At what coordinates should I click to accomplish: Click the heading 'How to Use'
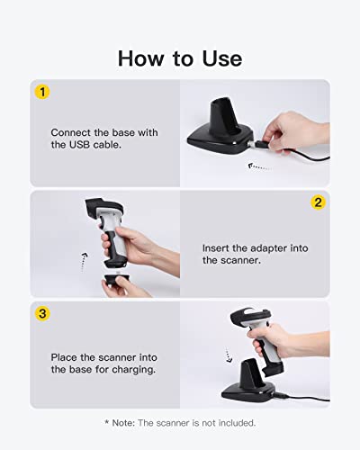[x=180, y=58]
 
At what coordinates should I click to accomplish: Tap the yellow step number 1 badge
[x=40, y=91]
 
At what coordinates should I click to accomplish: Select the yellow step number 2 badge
[x=318, y=202]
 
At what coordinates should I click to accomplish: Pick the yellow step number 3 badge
[x=40, y=313]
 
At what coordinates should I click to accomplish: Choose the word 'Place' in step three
[x=65, y=355]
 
